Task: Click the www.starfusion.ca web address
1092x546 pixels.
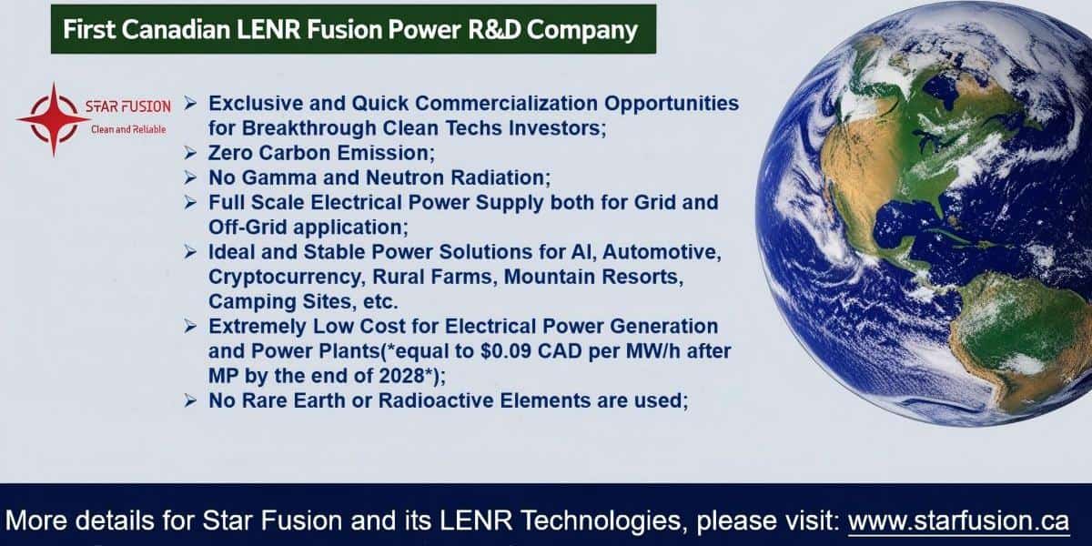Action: point(958,521)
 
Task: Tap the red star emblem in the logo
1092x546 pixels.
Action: point(54,119)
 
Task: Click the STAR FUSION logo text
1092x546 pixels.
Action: point(128,106)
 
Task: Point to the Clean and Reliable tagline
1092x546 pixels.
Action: point(128,129)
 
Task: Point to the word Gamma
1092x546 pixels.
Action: point(279,177)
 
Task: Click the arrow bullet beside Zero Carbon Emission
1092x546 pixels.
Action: point(190,153)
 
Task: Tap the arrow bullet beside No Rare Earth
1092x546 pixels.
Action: point(190,400)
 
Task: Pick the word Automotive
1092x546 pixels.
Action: point(662,252)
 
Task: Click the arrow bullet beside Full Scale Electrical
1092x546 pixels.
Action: point(190,203)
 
